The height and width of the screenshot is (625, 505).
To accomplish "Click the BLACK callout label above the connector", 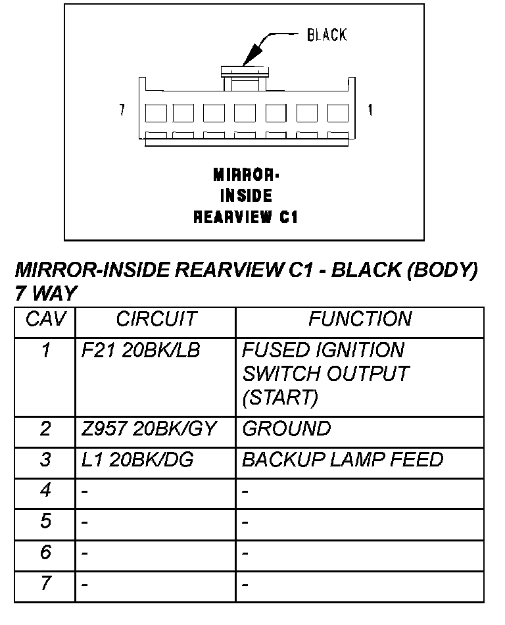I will tap(326, 35).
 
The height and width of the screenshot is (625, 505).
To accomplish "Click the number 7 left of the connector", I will tap(122, 111).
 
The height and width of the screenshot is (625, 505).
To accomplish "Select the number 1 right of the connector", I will tap(370, 111).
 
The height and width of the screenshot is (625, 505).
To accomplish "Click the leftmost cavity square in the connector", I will tap(155, 113).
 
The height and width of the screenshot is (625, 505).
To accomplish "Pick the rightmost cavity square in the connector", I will tap(338, 113).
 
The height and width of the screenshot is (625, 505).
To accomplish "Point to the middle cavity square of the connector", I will tap(246, 113).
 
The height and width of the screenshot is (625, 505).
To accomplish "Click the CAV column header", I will tap(45, 320).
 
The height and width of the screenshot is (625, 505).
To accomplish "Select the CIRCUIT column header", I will tap(156, 320).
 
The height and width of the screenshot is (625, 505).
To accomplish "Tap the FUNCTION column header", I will tap(360, 320).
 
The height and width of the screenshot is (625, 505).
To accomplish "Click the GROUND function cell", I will tap(286, 430).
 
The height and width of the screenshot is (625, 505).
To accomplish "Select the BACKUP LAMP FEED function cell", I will tap(343, 460).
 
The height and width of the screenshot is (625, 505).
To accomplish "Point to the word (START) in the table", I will tap(280, 398).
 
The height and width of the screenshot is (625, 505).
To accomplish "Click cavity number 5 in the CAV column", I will tap(45, 522).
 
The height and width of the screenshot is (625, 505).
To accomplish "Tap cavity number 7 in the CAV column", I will tap(45, 583).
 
